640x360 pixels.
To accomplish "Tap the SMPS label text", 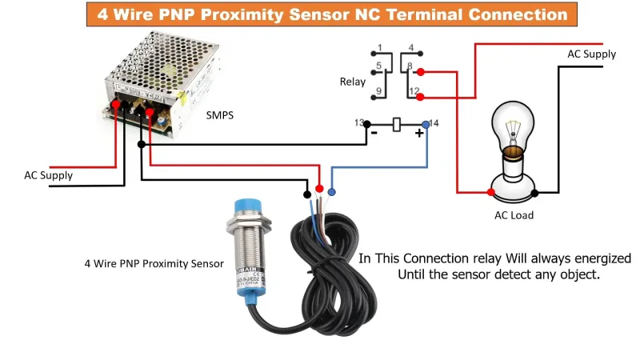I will [221, 114].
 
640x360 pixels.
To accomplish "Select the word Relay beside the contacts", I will [353, 82].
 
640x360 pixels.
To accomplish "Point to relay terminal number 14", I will [434, 122].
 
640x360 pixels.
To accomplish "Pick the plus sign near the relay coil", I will [418, 134].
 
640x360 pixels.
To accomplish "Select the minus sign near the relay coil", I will [373, 134].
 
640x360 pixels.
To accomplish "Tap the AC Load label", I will [514, 214].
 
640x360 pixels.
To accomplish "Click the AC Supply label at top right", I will [592, 54].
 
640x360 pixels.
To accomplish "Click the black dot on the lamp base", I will [535, 192].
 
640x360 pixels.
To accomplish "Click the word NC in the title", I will [433, 14].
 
